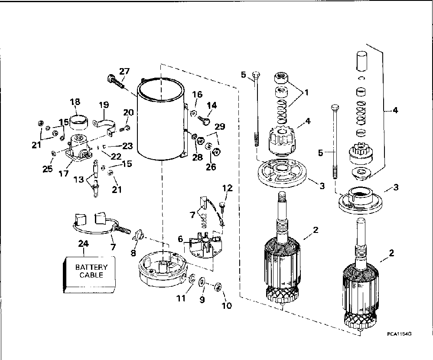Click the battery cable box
[90, 272]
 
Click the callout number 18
[75, 102]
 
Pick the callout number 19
[103, 105]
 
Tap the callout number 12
[228, 188]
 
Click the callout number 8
[133, 253]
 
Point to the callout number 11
[181, 298]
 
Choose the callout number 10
[226, 305]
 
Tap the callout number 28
[198, 157]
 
